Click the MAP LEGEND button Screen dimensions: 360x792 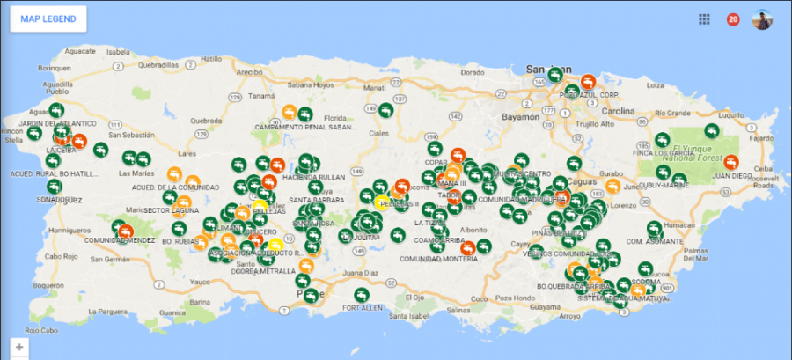(x=48, y=19)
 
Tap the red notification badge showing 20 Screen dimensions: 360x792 (x=732, y=19)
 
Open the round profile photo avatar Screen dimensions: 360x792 (x=762, y=19)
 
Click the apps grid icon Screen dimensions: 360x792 (x=704, y=19)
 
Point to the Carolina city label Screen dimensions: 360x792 (x=618, y=112)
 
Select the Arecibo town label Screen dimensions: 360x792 (x=250, y=72)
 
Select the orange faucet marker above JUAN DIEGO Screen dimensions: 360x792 (x=732, y=160)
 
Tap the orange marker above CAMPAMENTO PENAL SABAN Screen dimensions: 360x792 (x=289, y=113)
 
